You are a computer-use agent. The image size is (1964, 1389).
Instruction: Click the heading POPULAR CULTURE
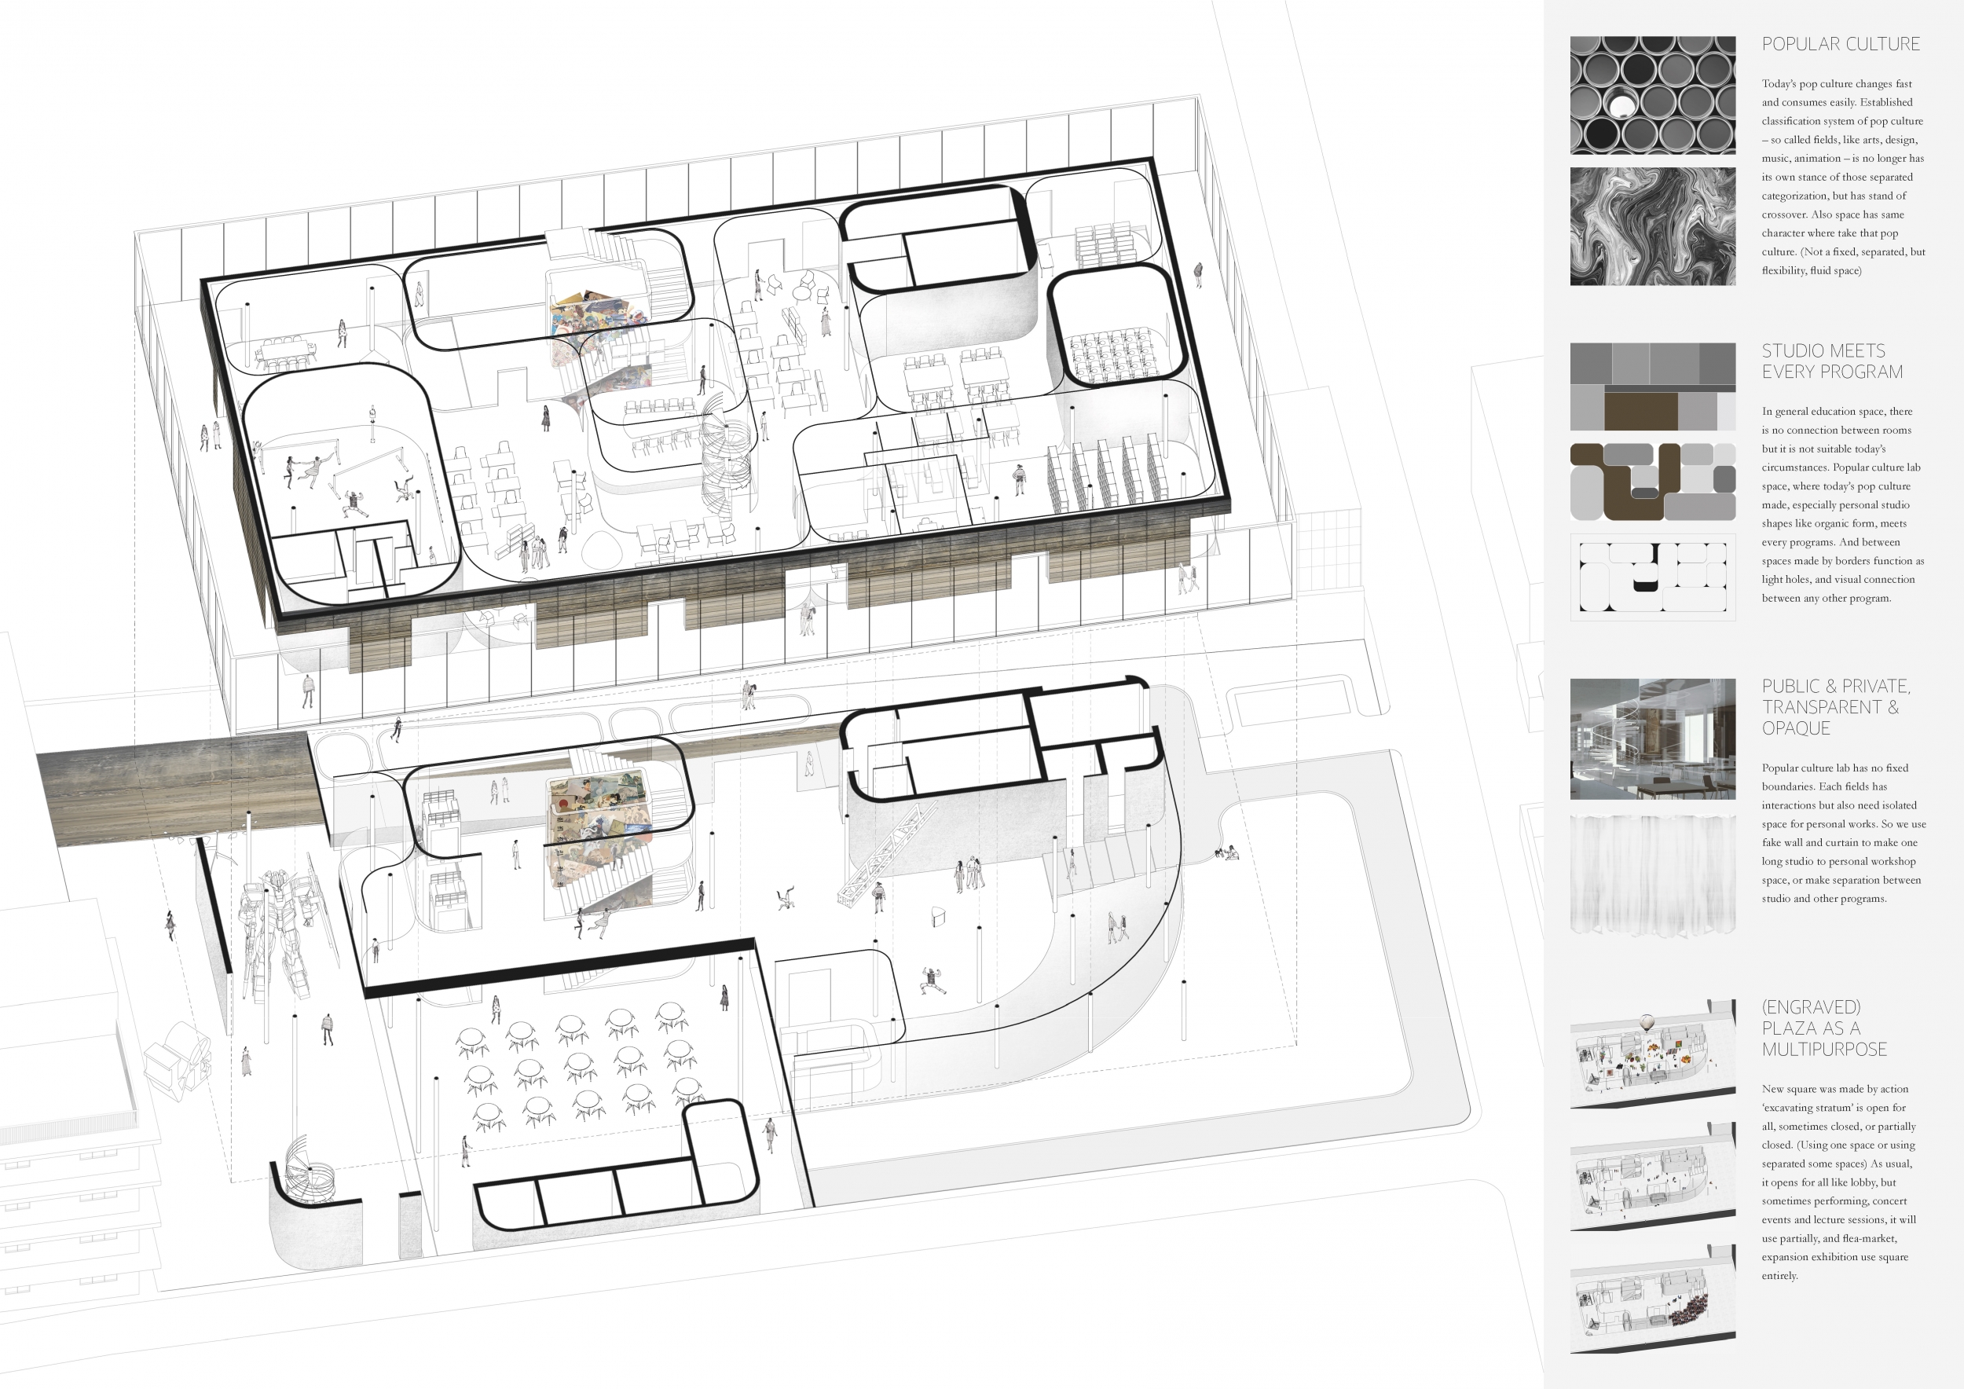pyautogui.click(x=1841, y=45)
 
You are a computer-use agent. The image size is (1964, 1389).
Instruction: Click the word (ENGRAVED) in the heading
pyautogui.click(x=1811, y=1006)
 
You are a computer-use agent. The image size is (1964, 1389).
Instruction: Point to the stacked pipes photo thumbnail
pyautogui.click(x=1653, y=95)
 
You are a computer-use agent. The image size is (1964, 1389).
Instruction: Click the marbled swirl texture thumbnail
pyautogui.click(x=1653, y=226)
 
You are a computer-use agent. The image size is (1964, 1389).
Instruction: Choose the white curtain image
pyautogui.click(x=1653, y=874)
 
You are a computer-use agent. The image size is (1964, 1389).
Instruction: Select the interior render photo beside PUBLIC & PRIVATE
pyautogui.click(x=1653, y=739)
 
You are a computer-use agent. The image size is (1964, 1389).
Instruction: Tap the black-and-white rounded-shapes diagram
pyautogui.click(x=1653, y=577)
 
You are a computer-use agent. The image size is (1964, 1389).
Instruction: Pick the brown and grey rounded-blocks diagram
pyautogui.click(x=1653, y=482)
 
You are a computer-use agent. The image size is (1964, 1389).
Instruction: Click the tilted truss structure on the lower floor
pyautogui.click(x=885, y=851)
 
